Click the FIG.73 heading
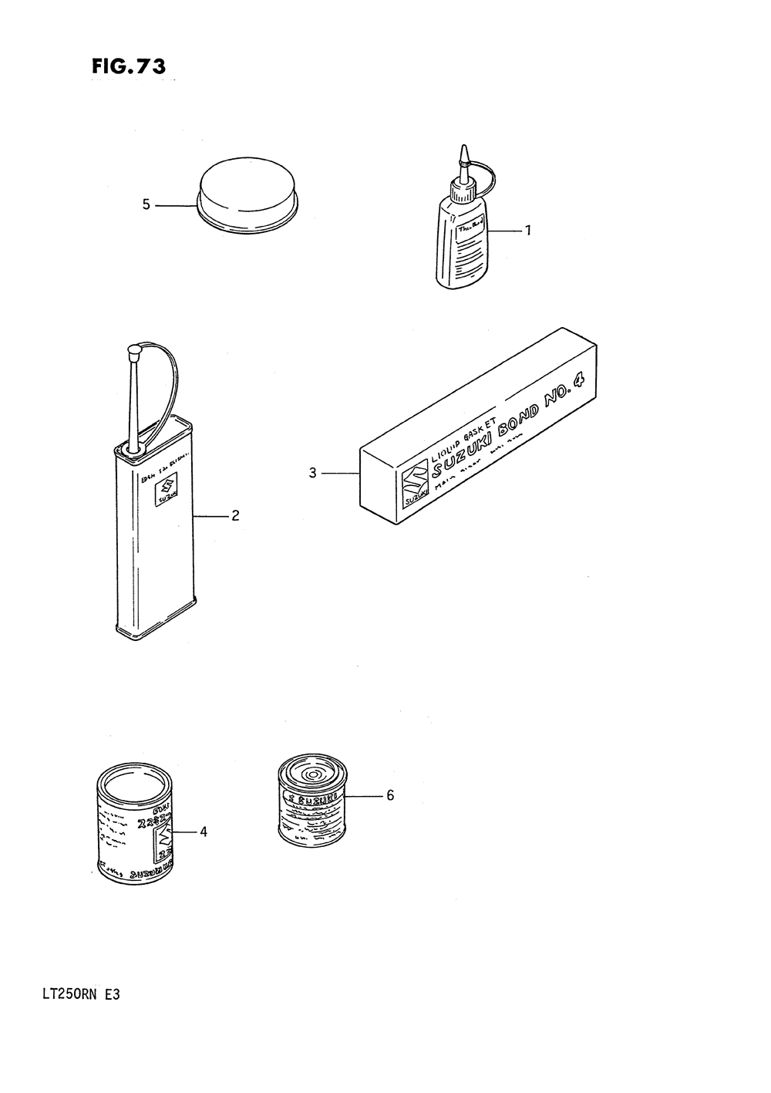[128, 67]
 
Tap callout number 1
[528, 230]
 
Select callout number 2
[235, 515]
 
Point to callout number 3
[313, 473]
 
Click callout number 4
[204, 832]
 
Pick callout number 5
[146, 204]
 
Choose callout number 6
[390, 795]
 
